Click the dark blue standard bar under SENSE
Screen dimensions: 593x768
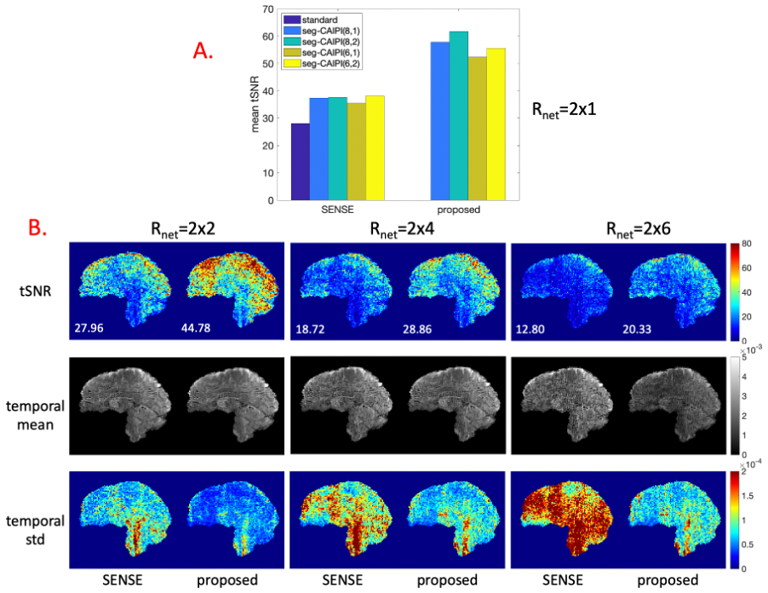(x=300, y=162)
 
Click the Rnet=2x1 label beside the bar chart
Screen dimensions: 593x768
(x=565, y=109)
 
